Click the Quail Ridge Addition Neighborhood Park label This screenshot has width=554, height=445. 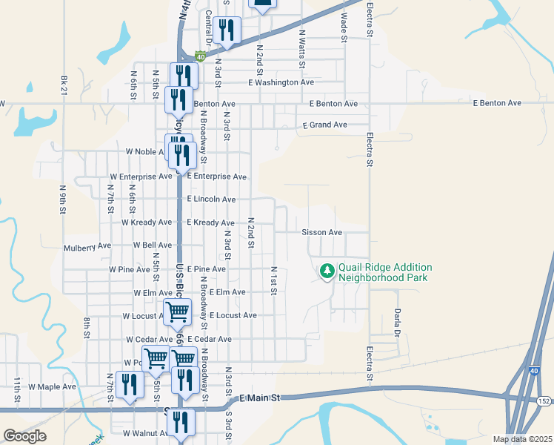click(385, 272)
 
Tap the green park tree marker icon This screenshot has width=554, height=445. click(327, 272)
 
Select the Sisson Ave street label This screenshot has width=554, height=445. click(321, 232)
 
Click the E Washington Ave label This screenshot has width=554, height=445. click(281, 82)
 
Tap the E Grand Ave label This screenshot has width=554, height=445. click(324, 125)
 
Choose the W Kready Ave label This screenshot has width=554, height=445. click(147, 222)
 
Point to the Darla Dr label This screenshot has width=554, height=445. click(397, 323)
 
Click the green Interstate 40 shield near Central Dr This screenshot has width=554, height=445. click(200, 56)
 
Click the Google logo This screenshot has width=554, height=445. click(24, 436)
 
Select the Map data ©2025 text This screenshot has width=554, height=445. click(523, 439)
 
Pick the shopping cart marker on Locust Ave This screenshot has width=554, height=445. click(178, 311)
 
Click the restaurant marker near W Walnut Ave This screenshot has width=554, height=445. click(181, 423)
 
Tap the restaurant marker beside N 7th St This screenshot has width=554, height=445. click(130, 384)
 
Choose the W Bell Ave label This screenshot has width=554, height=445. click(153, 245)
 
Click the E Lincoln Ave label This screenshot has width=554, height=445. click(211, 200)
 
